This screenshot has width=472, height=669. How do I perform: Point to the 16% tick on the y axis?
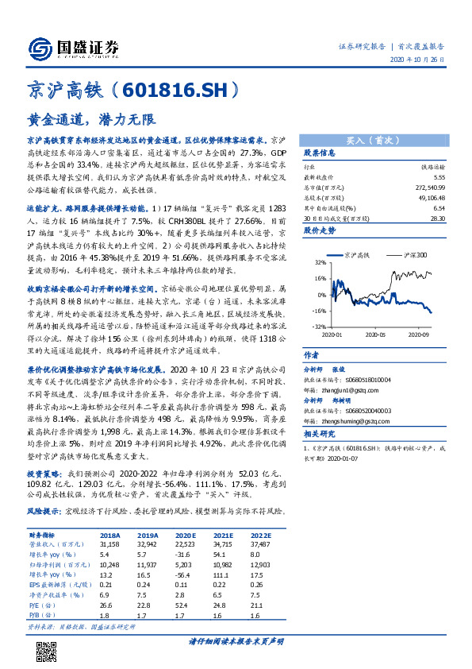tap(319, 279)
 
